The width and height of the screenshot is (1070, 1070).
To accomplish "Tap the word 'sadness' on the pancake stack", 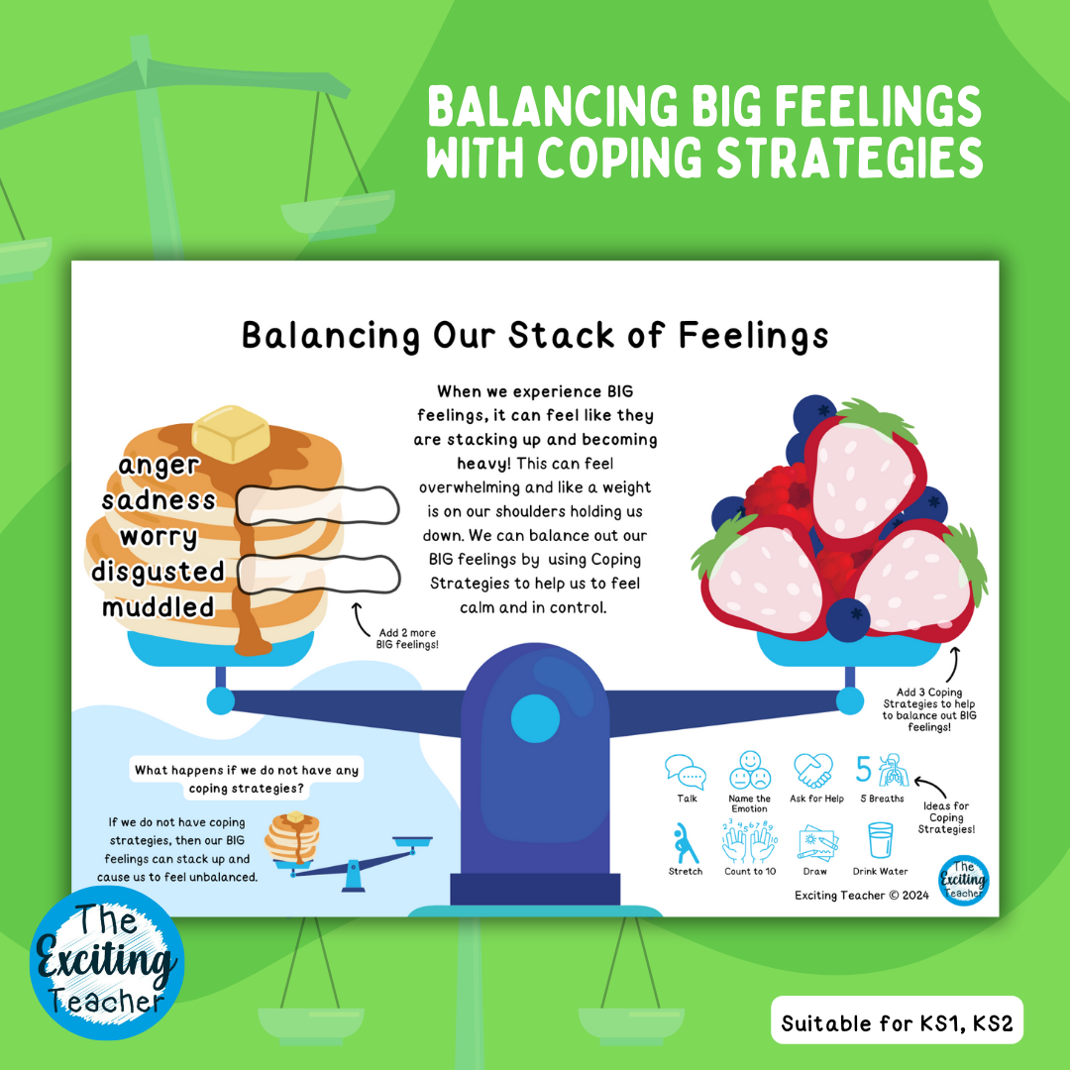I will tap(159, 500).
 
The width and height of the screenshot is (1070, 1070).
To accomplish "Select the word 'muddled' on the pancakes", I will tap(159, 606).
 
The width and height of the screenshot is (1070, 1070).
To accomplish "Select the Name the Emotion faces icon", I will tap(749, 771).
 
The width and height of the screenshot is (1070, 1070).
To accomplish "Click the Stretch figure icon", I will tap(685, 843).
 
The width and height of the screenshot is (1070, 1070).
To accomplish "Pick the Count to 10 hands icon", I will tap(749, 843).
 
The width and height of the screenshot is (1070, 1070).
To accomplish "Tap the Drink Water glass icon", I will tap(880, 843).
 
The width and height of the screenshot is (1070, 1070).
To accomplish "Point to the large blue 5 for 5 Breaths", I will tap(864, 770).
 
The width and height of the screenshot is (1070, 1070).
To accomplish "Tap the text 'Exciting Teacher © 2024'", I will tap(861, 895).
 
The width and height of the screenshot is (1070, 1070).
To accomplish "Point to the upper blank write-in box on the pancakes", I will tap(317, 504).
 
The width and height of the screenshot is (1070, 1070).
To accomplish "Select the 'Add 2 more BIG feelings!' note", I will tap(407, 639).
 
